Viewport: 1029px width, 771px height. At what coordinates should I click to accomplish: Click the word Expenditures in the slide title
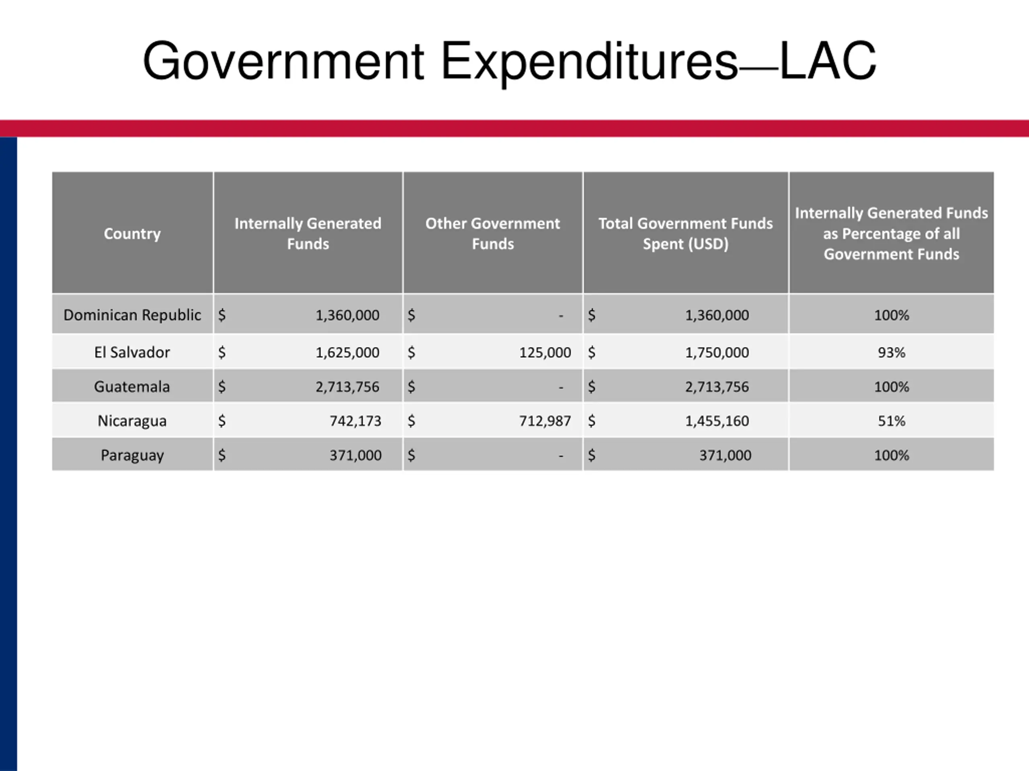coord(589,62)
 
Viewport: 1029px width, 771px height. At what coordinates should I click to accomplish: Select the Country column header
coord(132,233)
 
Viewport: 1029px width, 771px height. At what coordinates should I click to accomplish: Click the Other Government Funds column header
coord(493,233)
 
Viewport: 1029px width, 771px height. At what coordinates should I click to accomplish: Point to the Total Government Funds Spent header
coord(685,233)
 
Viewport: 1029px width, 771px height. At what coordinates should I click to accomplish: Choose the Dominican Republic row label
coord(132,315)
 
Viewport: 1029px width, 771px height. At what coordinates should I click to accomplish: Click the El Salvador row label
coord(132,352)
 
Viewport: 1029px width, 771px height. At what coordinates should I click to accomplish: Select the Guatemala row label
coord(132,387)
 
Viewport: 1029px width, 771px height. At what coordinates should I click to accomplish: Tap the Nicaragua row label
coord(132,420)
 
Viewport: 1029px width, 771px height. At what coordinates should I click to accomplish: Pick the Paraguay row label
coord(132,455)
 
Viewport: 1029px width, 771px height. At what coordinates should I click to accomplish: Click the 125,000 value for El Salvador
coord(545,353)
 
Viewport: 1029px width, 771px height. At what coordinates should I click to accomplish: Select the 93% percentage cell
coord(891,353)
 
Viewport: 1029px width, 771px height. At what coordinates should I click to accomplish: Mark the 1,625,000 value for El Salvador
coord(348,353)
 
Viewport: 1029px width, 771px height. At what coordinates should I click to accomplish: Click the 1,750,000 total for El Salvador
coord(717,353)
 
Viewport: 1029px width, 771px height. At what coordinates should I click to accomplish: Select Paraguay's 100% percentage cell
coord(891,455)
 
